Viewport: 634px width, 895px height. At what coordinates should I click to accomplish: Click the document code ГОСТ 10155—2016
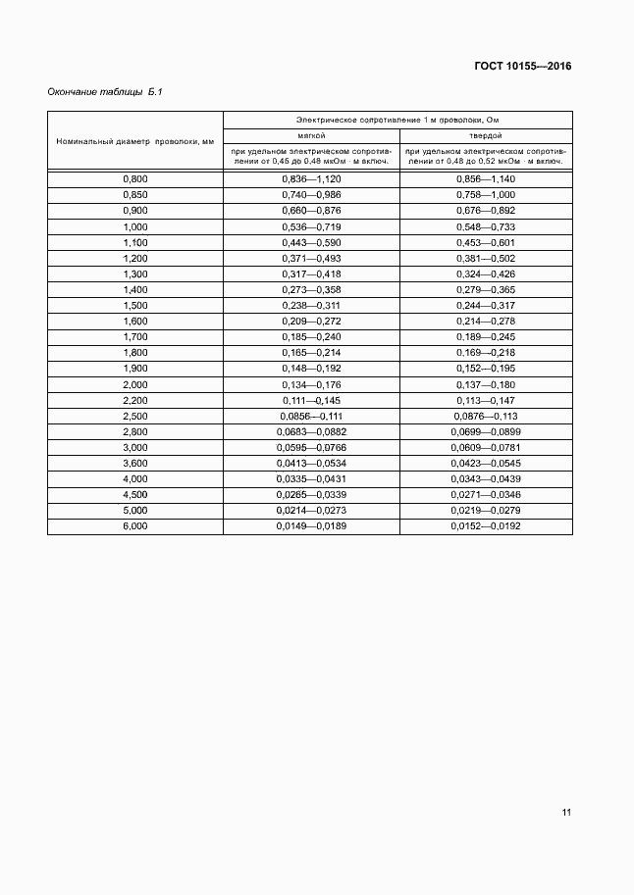tap(523, 67)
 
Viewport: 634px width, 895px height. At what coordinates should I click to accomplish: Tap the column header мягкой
tap(311, 134)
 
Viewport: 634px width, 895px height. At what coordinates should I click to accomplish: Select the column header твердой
tap(486, 134)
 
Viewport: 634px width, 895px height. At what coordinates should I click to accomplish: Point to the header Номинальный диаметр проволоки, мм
tap(135, 141)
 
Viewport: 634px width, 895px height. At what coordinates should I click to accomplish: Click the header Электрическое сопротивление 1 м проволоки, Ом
tap(397, 119)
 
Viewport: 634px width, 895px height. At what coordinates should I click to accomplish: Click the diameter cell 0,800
tap(135, 179)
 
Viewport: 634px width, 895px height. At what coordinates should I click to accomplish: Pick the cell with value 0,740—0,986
tap(311, 194)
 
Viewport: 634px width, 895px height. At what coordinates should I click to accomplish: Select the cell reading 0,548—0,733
tap(486, 226)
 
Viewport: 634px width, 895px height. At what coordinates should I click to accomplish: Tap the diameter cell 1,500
tap(135, 306)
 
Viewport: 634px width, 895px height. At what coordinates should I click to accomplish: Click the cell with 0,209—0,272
tap(311, 322)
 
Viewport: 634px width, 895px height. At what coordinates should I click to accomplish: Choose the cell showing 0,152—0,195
tap(486, 369)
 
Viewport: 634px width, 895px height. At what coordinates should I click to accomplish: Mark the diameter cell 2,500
tap(135, 416)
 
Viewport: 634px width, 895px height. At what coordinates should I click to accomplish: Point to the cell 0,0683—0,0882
tap(311, 431)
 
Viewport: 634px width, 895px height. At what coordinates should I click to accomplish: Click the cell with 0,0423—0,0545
tap(486, 463)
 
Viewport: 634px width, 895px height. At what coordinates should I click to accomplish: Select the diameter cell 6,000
tap(135, 526)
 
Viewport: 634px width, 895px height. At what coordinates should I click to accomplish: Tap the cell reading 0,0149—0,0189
tap(311, 526)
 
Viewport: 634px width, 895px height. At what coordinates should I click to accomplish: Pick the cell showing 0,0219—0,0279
tap(486, 511)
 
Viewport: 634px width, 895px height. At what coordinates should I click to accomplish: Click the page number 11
tap(566, 812)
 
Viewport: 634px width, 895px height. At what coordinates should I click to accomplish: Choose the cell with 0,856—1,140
tap(486, 179)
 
